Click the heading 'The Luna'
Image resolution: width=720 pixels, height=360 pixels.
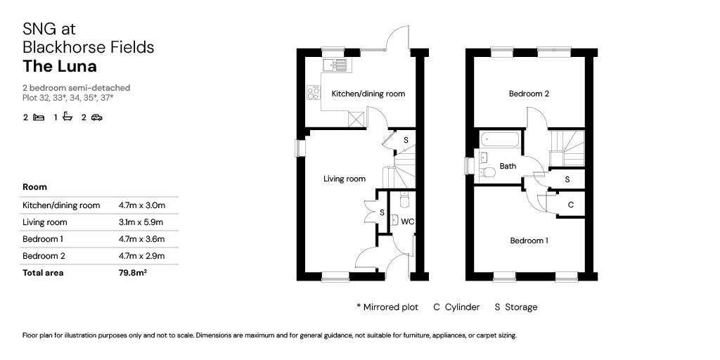point(60,67)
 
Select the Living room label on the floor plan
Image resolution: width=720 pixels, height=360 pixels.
point(345,179)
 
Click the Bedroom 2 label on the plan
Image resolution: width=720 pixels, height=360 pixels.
point(529,94)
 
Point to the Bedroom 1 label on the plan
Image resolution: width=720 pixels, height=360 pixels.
point(529,240)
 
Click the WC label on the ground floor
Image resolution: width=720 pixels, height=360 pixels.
point(407,221)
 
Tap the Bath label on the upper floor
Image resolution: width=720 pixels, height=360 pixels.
point(508,167)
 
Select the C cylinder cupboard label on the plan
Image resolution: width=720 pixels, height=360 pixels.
point(570,205)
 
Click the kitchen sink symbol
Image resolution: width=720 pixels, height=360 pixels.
point(335,65)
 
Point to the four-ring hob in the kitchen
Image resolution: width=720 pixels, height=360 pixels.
point(313,93)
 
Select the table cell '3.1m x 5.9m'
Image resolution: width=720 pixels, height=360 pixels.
point(142,222)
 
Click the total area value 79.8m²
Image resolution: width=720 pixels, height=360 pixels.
point(133,273)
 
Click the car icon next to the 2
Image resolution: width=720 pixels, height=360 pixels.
point(96,117)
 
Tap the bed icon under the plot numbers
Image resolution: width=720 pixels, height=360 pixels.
point(39,117)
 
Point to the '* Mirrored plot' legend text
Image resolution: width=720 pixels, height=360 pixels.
point(387,307)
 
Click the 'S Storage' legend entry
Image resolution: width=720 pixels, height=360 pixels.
point(516,307)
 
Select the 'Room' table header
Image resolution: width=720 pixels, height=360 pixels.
point(34,187)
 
